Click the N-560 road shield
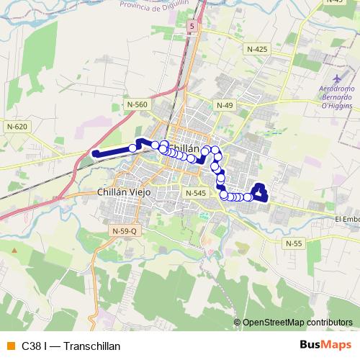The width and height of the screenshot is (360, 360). (x=137, y=105)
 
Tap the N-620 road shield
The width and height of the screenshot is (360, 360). (x=17, y=127)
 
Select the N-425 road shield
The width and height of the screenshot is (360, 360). (x=256, y=49)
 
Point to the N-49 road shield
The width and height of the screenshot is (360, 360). (x=225, y=105)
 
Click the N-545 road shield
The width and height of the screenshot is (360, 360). (x=195, y=193)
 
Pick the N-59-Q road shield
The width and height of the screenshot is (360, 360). (x=124, y=230)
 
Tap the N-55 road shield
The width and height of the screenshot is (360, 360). (x=293, y=243)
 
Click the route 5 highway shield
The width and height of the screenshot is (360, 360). (x=192, y=26)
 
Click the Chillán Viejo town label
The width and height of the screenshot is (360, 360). (x=121, y=192)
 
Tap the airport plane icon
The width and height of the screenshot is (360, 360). (x=338, y=78)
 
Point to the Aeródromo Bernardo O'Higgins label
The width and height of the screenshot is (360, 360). (x=337, y=98)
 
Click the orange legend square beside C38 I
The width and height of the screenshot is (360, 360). (x=9, y=346)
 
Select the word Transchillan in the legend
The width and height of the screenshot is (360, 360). (x=91, y=346)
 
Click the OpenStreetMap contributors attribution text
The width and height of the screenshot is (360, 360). (x=297, y=323)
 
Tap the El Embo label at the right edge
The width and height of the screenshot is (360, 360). (x=347, y=219)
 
